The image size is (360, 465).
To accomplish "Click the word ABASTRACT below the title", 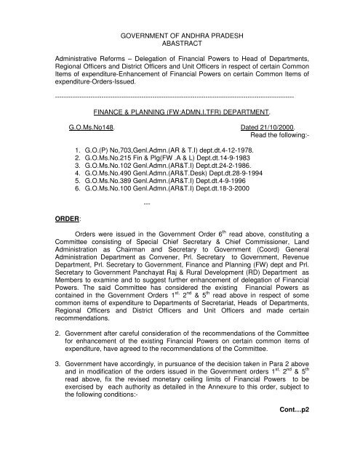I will (x=178, y=44).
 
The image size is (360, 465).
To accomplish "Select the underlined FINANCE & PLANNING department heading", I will (x=178, y=114).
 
